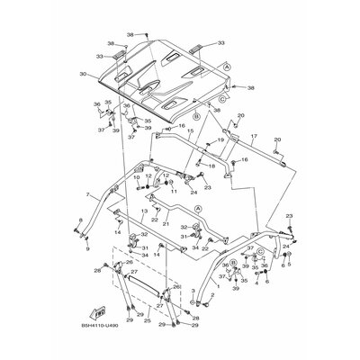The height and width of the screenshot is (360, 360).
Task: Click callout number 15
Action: [189, 130]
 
